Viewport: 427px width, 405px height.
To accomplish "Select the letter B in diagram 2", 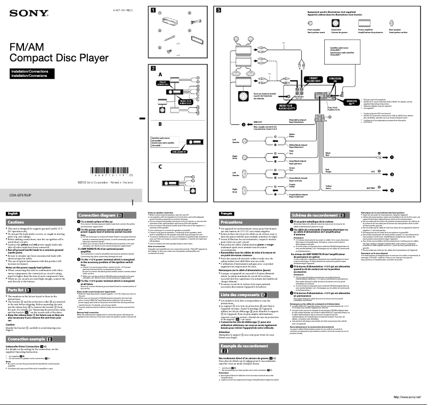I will coord(160,123).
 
